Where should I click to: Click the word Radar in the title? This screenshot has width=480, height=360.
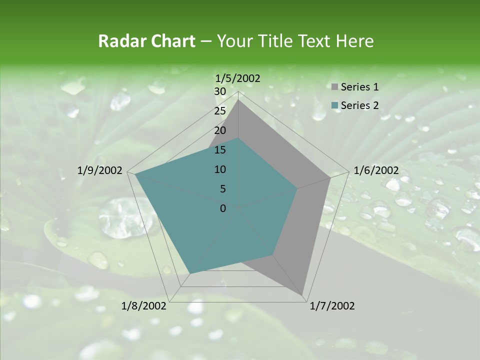(x=120, y=41)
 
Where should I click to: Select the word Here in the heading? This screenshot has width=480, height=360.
(x=354, y=41)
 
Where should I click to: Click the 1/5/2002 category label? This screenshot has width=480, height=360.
(x=238, y=78)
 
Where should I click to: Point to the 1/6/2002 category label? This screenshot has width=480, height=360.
(x=376, y=170)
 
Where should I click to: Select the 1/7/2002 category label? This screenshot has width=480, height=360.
(x=332, y=305)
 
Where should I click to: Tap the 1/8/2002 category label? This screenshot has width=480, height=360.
(x=144, y=305)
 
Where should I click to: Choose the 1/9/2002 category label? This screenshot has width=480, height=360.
(x=100, y=170)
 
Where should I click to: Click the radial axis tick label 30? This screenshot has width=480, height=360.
(x=219, y=91)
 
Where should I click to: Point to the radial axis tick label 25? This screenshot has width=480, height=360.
(x=219, y=111)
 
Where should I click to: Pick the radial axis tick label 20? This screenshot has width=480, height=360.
(x=219, y=130)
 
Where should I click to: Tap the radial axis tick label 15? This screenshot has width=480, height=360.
(x=219, y=150)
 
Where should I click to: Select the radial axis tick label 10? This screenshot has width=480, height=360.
(x=219, y=169)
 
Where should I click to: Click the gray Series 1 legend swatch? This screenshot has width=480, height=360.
(x=334, y=87)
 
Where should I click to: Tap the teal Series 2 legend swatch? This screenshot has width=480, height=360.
(x=334, y=105)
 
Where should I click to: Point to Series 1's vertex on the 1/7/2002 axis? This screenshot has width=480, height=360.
(x=302, y=294)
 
